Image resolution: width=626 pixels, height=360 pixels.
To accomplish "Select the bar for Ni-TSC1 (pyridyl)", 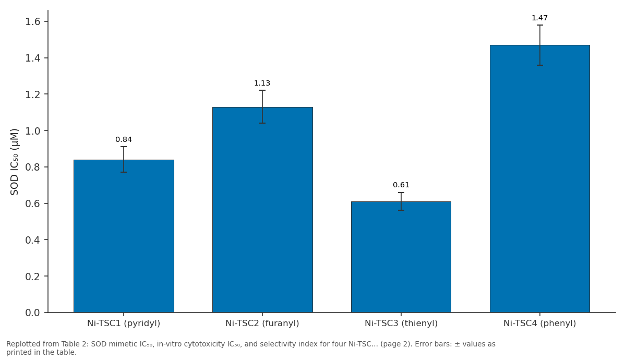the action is click(124, 236).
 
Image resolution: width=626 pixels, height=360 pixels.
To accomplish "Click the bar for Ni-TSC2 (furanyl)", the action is click(262, 210).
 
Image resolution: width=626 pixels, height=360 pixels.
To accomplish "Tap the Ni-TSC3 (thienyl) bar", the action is click(401, 257).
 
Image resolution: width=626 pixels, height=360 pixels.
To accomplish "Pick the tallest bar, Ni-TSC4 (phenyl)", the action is click(540, 178).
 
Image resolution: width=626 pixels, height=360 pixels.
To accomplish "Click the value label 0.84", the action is click(124, 139).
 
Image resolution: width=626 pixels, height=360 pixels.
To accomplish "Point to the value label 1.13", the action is click(262, 83).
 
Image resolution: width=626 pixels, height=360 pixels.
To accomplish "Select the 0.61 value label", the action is click(401, 185).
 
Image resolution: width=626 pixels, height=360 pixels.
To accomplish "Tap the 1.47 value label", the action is click(539, 18).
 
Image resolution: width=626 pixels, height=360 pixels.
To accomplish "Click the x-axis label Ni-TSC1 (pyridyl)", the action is click(124, 323).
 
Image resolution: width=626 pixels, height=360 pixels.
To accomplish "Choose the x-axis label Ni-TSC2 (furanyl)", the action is click(262, 323).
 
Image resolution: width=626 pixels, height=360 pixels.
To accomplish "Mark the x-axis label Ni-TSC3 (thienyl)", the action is click(401, 323).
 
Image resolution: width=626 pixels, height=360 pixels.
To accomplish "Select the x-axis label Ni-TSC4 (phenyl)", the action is click(539, 323).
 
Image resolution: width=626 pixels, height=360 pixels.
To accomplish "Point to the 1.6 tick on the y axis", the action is click(33, 22).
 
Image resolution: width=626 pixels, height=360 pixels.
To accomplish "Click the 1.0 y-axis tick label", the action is click(33, 131).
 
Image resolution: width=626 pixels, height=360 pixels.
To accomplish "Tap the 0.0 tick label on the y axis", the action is click(33, 313).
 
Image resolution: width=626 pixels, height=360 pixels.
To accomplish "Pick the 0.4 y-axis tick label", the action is click(33, 240).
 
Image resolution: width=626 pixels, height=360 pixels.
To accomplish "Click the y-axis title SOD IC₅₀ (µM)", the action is click(14, 162).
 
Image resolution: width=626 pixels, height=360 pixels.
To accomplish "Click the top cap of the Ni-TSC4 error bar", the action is click(540, 25).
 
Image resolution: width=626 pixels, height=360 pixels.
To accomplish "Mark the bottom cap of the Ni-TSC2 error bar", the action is click(262, 123).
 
